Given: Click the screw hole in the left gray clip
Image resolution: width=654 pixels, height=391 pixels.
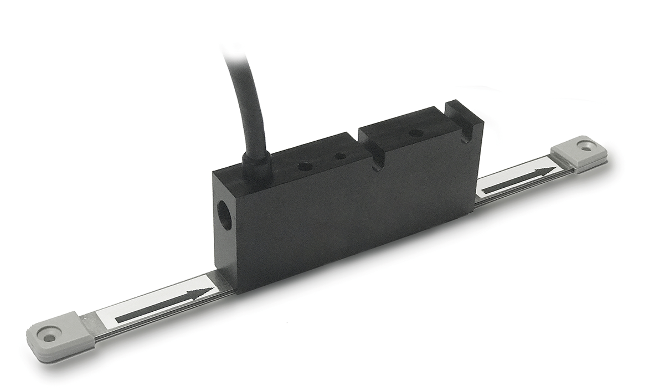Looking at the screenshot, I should tap(50, 337).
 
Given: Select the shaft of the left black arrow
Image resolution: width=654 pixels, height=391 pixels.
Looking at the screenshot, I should tap(150, 308).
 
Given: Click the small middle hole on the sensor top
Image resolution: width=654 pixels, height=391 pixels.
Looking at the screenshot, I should tap(341, 157).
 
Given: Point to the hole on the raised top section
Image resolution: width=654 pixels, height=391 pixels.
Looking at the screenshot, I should tap(413, 133).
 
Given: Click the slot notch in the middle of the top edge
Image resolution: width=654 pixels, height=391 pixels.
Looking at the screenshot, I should tap(378, 163).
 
